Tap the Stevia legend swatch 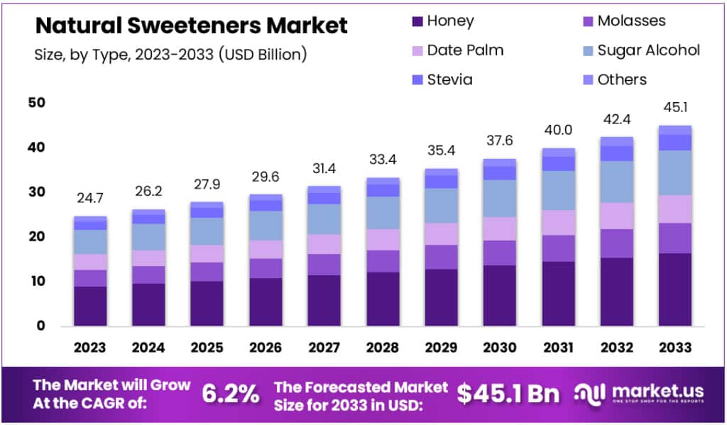[418, 79]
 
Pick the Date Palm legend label [465, 50]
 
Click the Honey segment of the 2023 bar [90, 306]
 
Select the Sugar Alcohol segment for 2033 [674, 172]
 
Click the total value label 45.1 [674, 108]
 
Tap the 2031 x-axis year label [558, 348]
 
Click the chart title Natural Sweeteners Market [192, 26]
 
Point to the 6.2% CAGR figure [231, 394]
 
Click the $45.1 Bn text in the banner [508, 394]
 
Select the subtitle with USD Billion [170, 55]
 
